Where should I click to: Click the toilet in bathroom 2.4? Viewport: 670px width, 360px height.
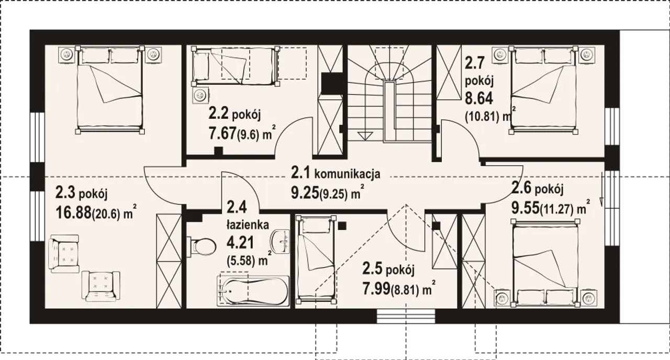(x=201, y=247)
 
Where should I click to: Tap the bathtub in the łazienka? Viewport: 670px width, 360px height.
(x=253, y=290)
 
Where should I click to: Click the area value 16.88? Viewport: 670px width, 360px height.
(x=73, y=212)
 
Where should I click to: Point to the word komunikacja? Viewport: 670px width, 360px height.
(x=347, y=174)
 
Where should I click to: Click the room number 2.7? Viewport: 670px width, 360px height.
(x=474, y=64)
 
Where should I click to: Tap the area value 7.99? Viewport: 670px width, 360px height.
(x=376, y=288)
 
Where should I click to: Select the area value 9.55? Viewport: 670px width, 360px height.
(x=525, y=208)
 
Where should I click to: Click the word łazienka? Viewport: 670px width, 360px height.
(x=248, y=224)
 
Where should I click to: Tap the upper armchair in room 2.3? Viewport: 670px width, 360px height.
(x=64, y=254)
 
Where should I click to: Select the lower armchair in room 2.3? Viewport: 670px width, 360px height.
(x=101, y=286)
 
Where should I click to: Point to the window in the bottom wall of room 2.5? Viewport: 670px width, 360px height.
(x=406, y=316)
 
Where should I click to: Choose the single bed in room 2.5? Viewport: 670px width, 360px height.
(x=315, y=258)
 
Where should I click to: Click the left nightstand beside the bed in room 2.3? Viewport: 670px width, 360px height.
(x=66, y=55)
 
